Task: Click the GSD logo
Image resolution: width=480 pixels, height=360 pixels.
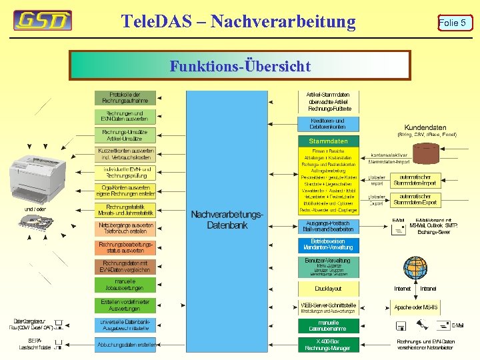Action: (43, 21)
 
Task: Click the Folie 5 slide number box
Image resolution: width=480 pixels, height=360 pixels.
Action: (453, 23)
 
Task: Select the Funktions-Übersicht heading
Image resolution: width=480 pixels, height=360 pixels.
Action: (240, 66)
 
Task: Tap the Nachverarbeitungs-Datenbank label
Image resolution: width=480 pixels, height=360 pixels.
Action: (227, 220)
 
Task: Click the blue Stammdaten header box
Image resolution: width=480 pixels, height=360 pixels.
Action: (328, 141)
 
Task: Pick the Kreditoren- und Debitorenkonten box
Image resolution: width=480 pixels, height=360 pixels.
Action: (328, 124)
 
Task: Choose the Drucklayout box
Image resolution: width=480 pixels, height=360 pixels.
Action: (328, 289)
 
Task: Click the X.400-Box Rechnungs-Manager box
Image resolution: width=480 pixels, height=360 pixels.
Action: (328, 344)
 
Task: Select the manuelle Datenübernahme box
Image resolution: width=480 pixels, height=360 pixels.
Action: (328, 325)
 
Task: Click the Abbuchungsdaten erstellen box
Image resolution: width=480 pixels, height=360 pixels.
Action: (127, 345)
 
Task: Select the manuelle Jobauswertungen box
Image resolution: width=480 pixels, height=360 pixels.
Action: (125, 285)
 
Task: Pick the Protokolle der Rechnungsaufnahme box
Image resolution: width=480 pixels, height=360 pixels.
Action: (125, 98)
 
